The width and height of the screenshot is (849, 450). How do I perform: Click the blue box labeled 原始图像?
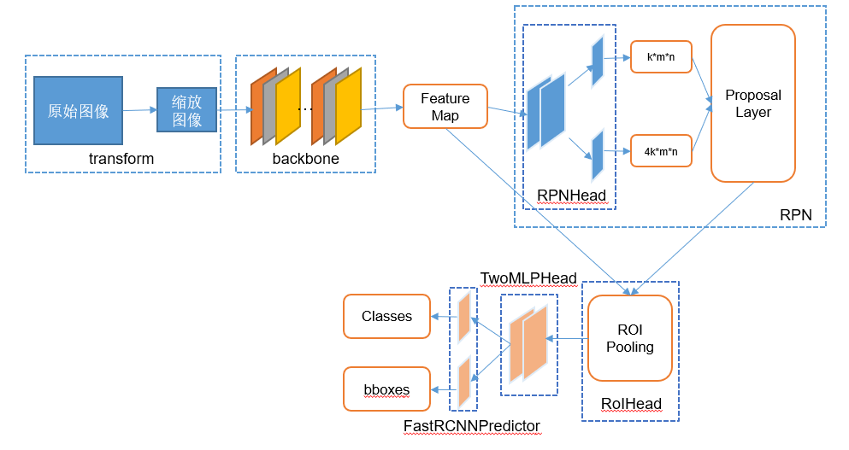(x=78, y=110)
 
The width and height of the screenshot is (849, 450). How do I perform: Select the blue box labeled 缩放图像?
(x=186, y=109)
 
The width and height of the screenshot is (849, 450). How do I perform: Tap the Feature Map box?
(x=445, y=107)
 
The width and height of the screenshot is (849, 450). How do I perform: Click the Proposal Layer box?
(x=752, y=103)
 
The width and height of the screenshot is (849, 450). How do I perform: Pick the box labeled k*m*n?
(x=661, y=58)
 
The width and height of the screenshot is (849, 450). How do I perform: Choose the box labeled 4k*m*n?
(x=661, y=151)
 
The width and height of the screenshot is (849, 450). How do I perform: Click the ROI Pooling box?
(x=629, y=338)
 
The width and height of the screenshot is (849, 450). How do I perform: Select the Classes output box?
(x=386, y=316)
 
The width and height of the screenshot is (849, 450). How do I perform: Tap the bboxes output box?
(x=386, y=389)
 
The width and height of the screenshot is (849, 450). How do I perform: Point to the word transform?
(x=121, y=159)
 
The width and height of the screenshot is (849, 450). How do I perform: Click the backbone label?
(x=305, y=159)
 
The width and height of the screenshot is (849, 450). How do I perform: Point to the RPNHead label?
(x=571, y=196)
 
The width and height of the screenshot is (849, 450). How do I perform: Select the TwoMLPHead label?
(x=528, y=278)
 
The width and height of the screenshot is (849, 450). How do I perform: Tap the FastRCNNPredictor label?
(x=471, y=425)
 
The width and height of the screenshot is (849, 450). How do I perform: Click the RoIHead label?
(x=630, y=404)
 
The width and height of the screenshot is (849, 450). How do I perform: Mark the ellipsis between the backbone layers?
(x=304, y=108)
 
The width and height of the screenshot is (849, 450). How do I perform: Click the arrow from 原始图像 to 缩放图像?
(x=139, y=110)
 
